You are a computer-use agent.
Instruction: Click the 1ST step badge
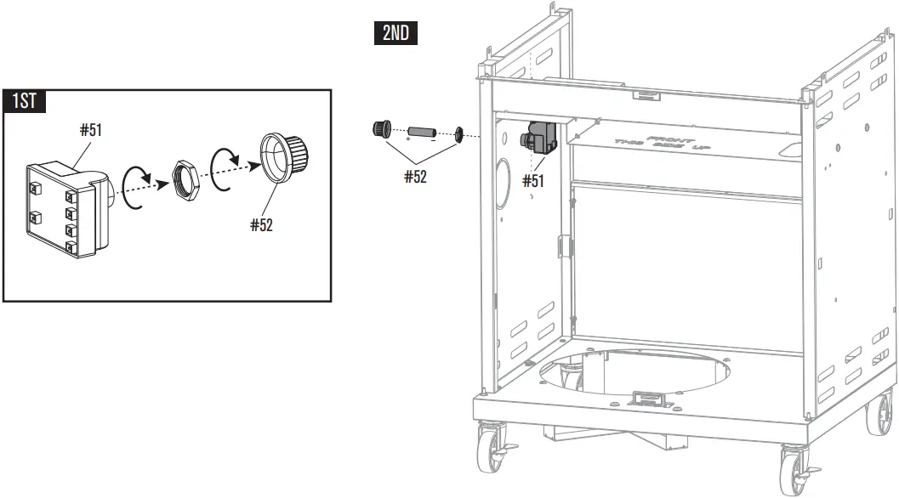coord(25,101)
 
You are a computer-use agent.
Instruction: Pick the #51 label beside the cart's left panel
coord(533,180)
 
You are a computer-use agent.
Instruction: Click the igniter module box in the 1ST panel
coord(63,208)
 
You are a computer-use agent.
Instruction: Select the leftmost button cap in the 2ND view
coord(381,129)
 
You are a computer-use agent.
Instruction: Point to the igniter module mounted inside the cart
coord(541,139)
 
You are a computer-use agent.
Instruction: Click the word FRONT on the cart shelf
coord(669,139)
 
